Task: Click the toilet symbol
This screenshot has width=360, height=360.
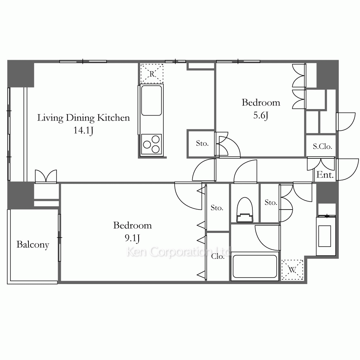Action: (x=245, y=210)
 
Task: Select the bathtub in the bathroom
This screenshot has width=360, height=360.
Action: (x=255, y=266)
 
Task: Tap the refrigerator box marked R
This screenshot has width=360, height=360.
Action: (x=152, y=73)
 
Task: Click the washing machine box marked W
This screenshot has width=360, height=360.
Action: (x=292, y=270)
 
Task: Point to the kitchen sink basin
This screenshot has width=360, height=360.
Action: (x=152, y=100)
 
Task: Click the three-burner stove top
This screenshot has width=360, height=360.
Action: (x=152, y=144)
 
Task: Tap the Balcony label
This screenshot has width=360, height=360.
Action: (x=33, y=244)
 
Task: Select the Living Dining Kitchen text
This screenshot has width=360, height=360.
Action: (x=84, y=118)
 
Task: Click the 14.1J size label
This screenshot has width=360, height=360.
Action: (x=84, y=131)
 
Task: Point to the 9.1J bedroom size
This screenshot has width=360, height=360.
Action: (x=132, y=238)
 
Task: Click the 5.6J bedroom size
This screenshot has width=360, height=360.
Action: (x=261, y=115)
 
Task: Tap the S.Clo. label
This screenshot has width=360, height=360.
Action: (x=322, y=146)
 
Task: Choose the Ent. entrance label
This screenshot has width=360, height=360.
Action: (x=325, y=175)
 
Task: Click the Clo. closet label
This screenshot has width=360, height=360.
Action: (x=218, y=256)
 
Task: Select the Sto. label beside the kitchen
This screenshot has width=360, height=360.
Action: (x=202, y=143)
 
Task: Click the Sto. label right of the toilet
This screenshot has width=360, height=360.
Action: (x=271, y=202)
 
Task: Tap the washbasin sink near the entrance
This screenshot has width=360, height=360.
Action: (x=325, y=236)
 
